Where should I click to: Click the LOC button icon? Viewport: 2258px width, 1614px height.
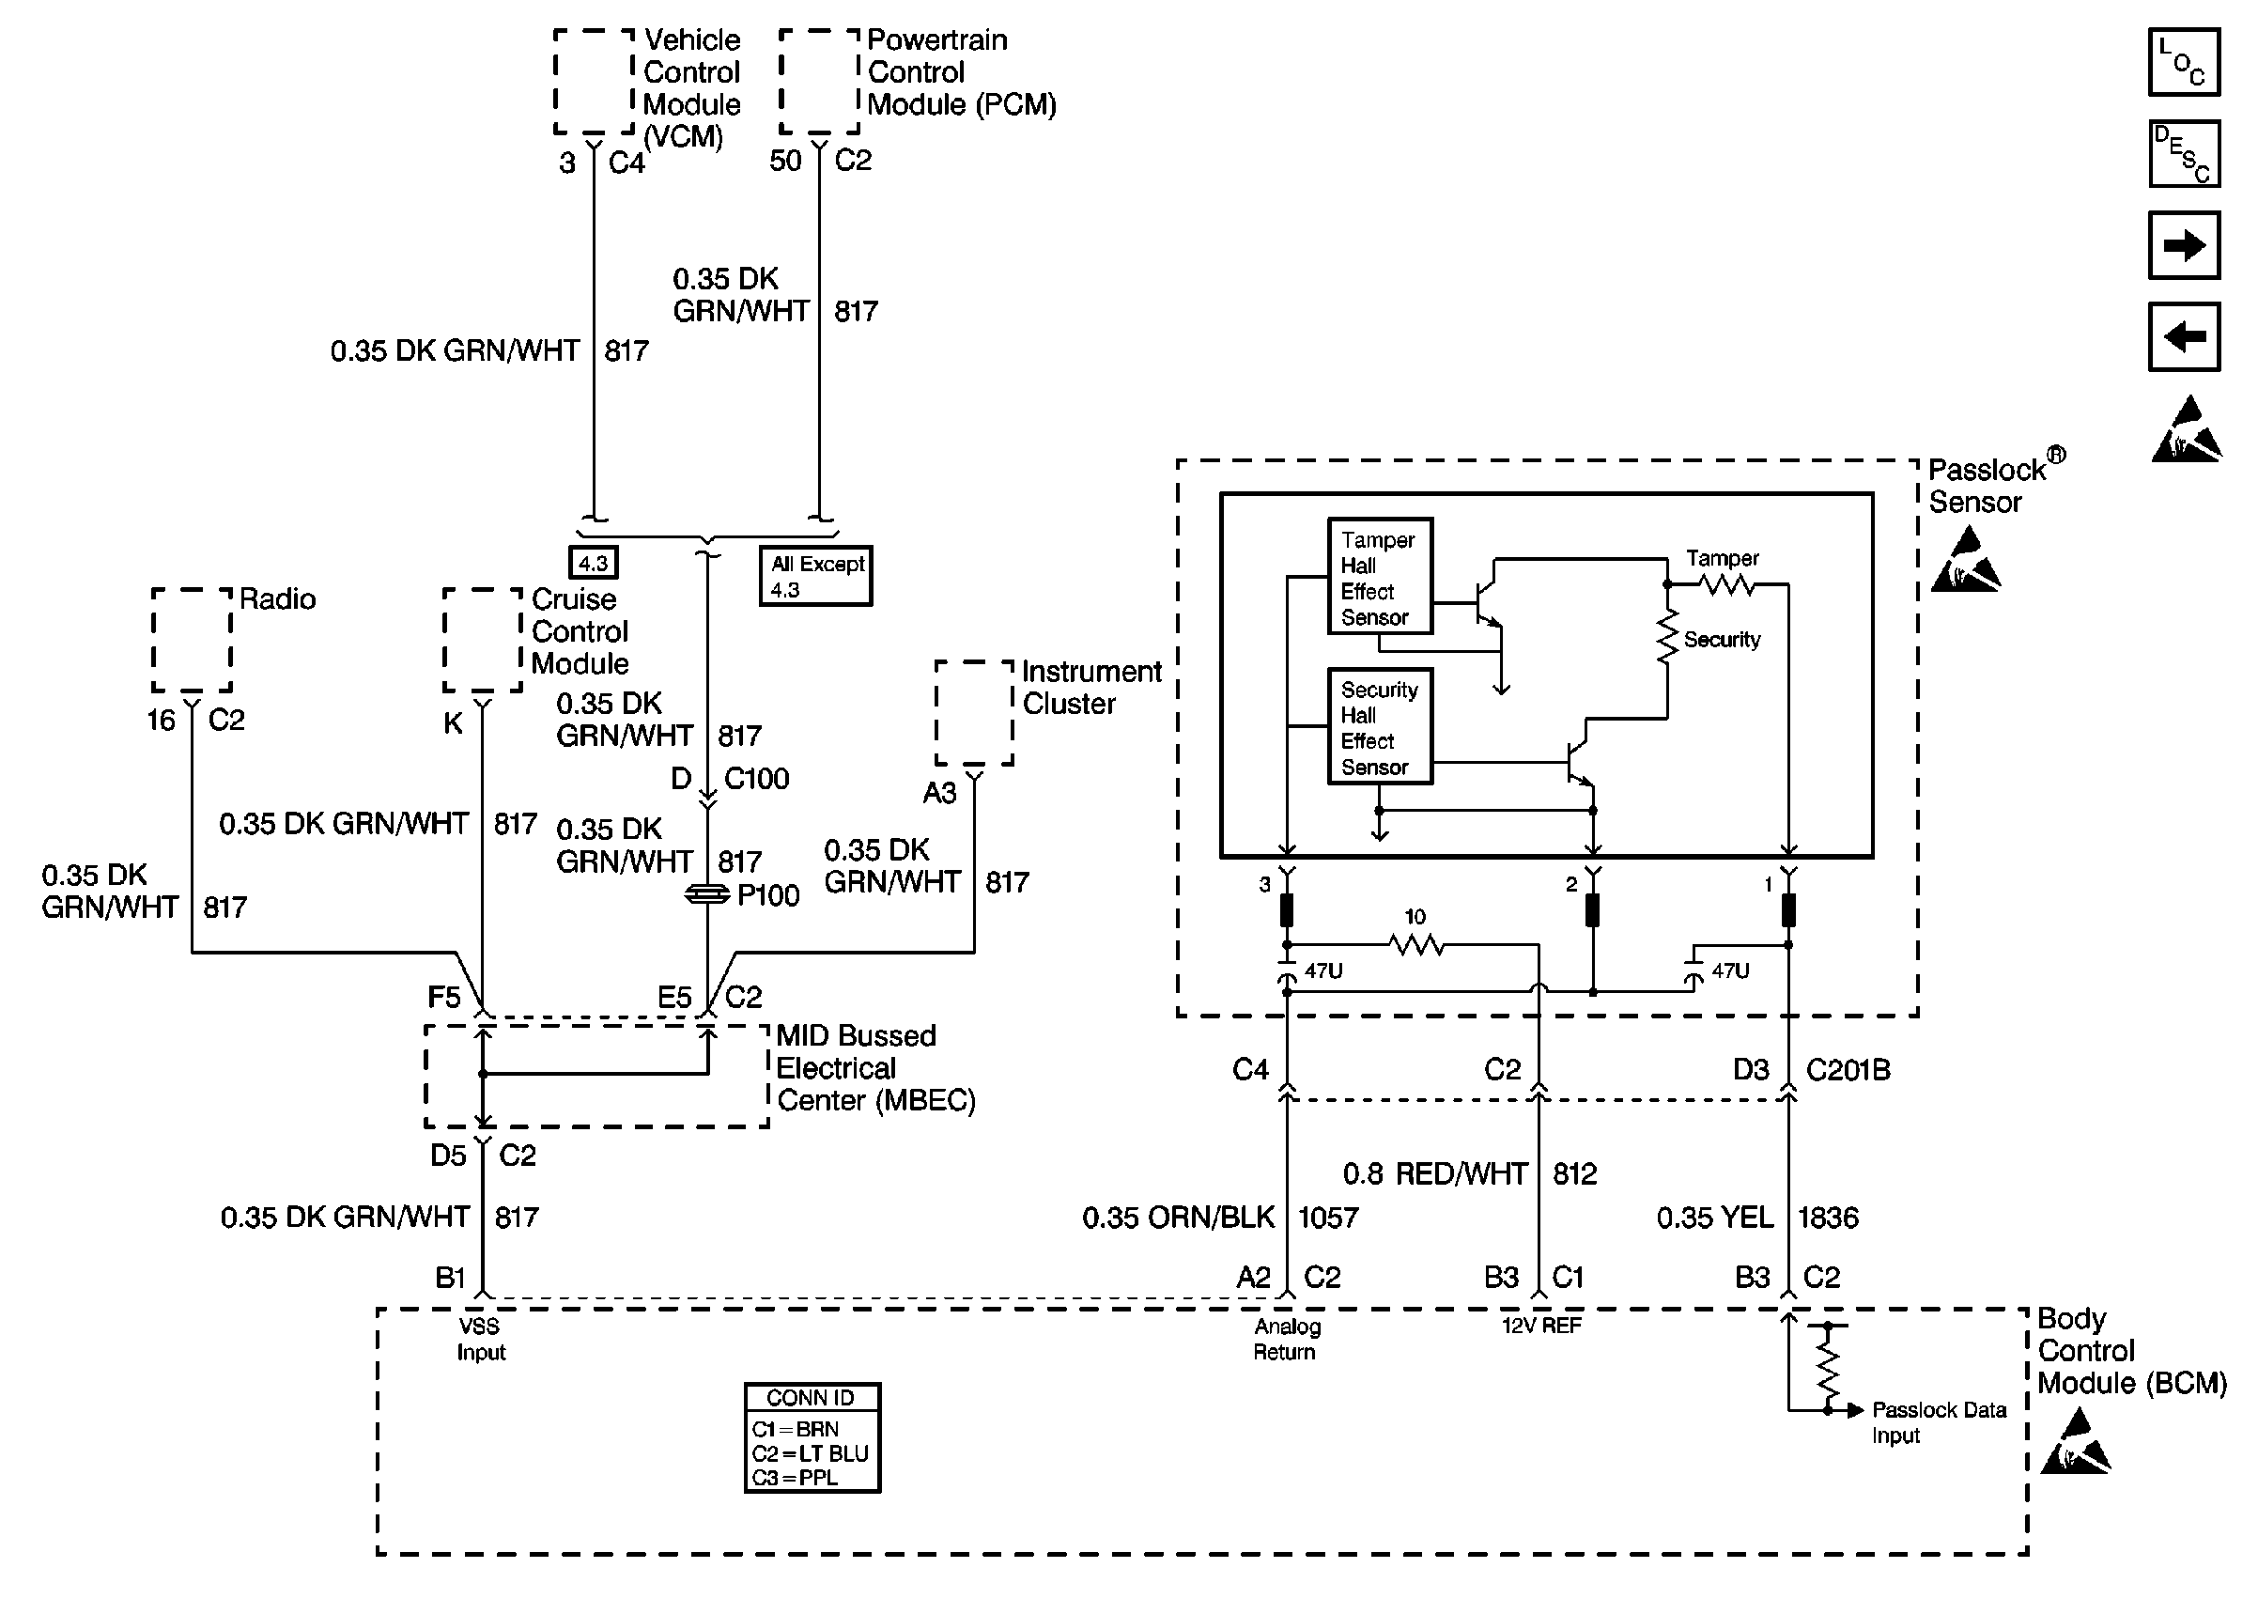[x=2183, y=63]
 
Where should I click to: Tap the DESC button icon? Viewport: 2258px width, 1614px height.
[x=2183, y=154]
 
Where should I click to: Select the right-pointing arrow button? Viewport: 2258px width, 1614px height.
[x=2183, y=245]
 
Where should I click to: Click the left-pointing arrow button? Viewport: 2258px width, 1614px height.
[x=2183, y=337]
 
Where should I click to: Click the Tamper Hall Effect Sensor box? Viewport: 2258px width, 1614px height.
[x=1380, y=577]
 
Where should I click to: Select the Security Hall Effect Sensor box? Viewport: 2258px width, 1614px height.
[x=1380, y=726]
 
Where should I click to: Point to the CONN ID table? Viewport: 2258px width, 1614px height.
[x=812, y=1437]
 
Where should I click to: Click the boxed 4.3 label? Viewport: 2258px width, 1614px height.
[x=593, y=564]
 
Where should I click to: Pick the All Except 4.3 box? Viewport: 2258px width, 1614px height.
[x=815, y=577]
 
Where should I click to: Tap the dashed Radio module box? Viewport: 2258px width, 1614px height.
[x=192, y=640]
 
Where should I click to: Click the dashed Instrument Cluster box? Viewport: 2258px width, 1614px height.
[x=973, y=713]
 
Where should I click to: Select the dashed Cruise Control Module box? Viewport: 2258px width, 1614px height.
[x=483, y=640]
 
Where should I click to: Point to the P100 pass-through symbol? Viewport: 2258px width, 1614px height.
[x=707, y=894]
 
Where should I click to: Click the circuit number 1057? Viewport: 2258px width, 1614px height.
[x=1328, y=1218]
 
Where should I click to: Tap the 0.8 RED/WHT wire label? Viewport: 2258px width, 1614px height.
[x=1434, y=1173]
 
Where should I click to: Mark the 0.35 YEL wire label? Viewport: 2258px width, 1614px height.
[x=1714, y=1218]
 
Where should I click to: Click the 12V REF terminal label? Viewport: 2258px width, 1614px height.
[x=1540, y=1326]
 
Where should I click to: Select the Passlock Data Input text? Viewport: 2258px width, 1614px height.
[x=1938, y=1422]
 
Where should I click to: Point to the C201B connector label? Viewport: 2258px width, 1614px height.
[x=1848, y=1070]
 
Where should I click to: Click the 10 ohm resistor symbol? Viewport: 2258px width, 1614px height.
[x=1415, y=944]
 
